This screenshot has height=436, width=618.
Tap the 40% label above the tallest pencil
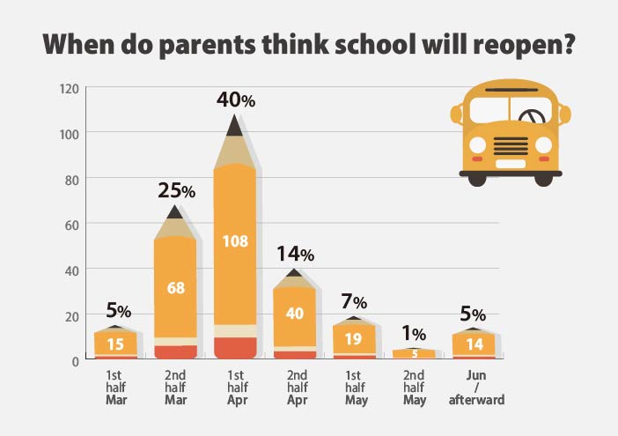pyautogui.click(x=236, y=100)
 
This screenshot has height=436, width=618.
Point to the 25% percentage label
pyautogui.click(x=176, y=189)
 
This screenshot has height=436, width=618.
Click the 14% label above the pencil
pyautogui.click(x=295, y=255)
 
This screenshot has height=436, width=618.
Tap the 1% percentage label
pyautogui.click(x=413, y=334)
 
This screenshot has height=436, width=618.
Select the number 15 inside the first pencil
pyautogui.click(x=116, y=343)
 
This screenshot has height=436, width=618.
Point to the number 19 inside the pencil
pyautogui.click(x=354, y=337)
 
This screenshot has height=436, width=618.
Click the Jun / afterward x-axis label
pyautogui.click(x=473, y=388)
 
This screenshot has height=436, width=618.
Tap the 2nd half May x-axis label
pyautogui.click(x=414, y=388)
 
